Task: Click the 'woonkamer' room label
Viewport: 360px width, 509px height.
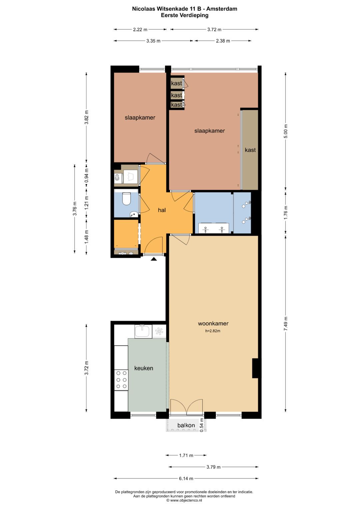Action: pos(213,323)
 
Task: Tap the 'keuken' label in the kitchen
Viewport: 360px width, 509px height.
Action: pos(144,368)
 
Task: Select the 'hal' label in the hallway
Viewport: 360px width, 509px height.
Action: pos(162,210)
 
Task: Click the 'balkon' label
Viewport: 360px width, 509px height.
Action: pos(186,425)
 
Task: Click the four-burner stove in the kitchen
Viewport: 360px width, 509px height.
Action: pos(121,380)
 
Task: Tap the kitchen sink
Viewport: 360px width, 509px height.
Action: pos(143,331)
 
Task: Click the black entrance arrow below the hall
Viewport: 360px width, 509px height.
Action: pos(154,259)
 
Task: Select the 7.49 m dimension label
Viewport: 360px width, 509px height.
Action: pos(286,323)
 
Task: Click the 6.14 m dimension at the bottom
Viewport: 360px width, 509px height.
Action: pos(186,478)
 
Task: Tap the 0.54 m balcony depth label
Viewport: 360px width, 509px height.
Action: pos(201,425)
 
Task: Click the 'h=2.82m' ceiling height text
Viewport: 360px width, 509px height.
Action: pos(213,331)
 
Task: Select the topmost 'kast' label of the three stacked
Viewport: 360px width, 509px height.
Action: pos(176,83)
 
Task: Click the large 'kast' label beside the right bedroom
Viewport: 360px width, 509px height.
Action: pos(250,150)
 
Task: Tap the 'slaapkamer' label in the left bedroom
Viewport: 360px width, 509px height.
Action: pos(140,118)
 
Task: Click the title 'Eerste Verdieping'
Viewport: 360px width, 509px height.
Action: pos(185,15)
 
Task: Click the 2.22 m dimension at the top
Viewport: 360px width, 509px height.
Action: pos(140,29)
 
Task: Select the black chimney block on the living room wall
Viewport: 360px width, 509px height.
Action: pos(256,368)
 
